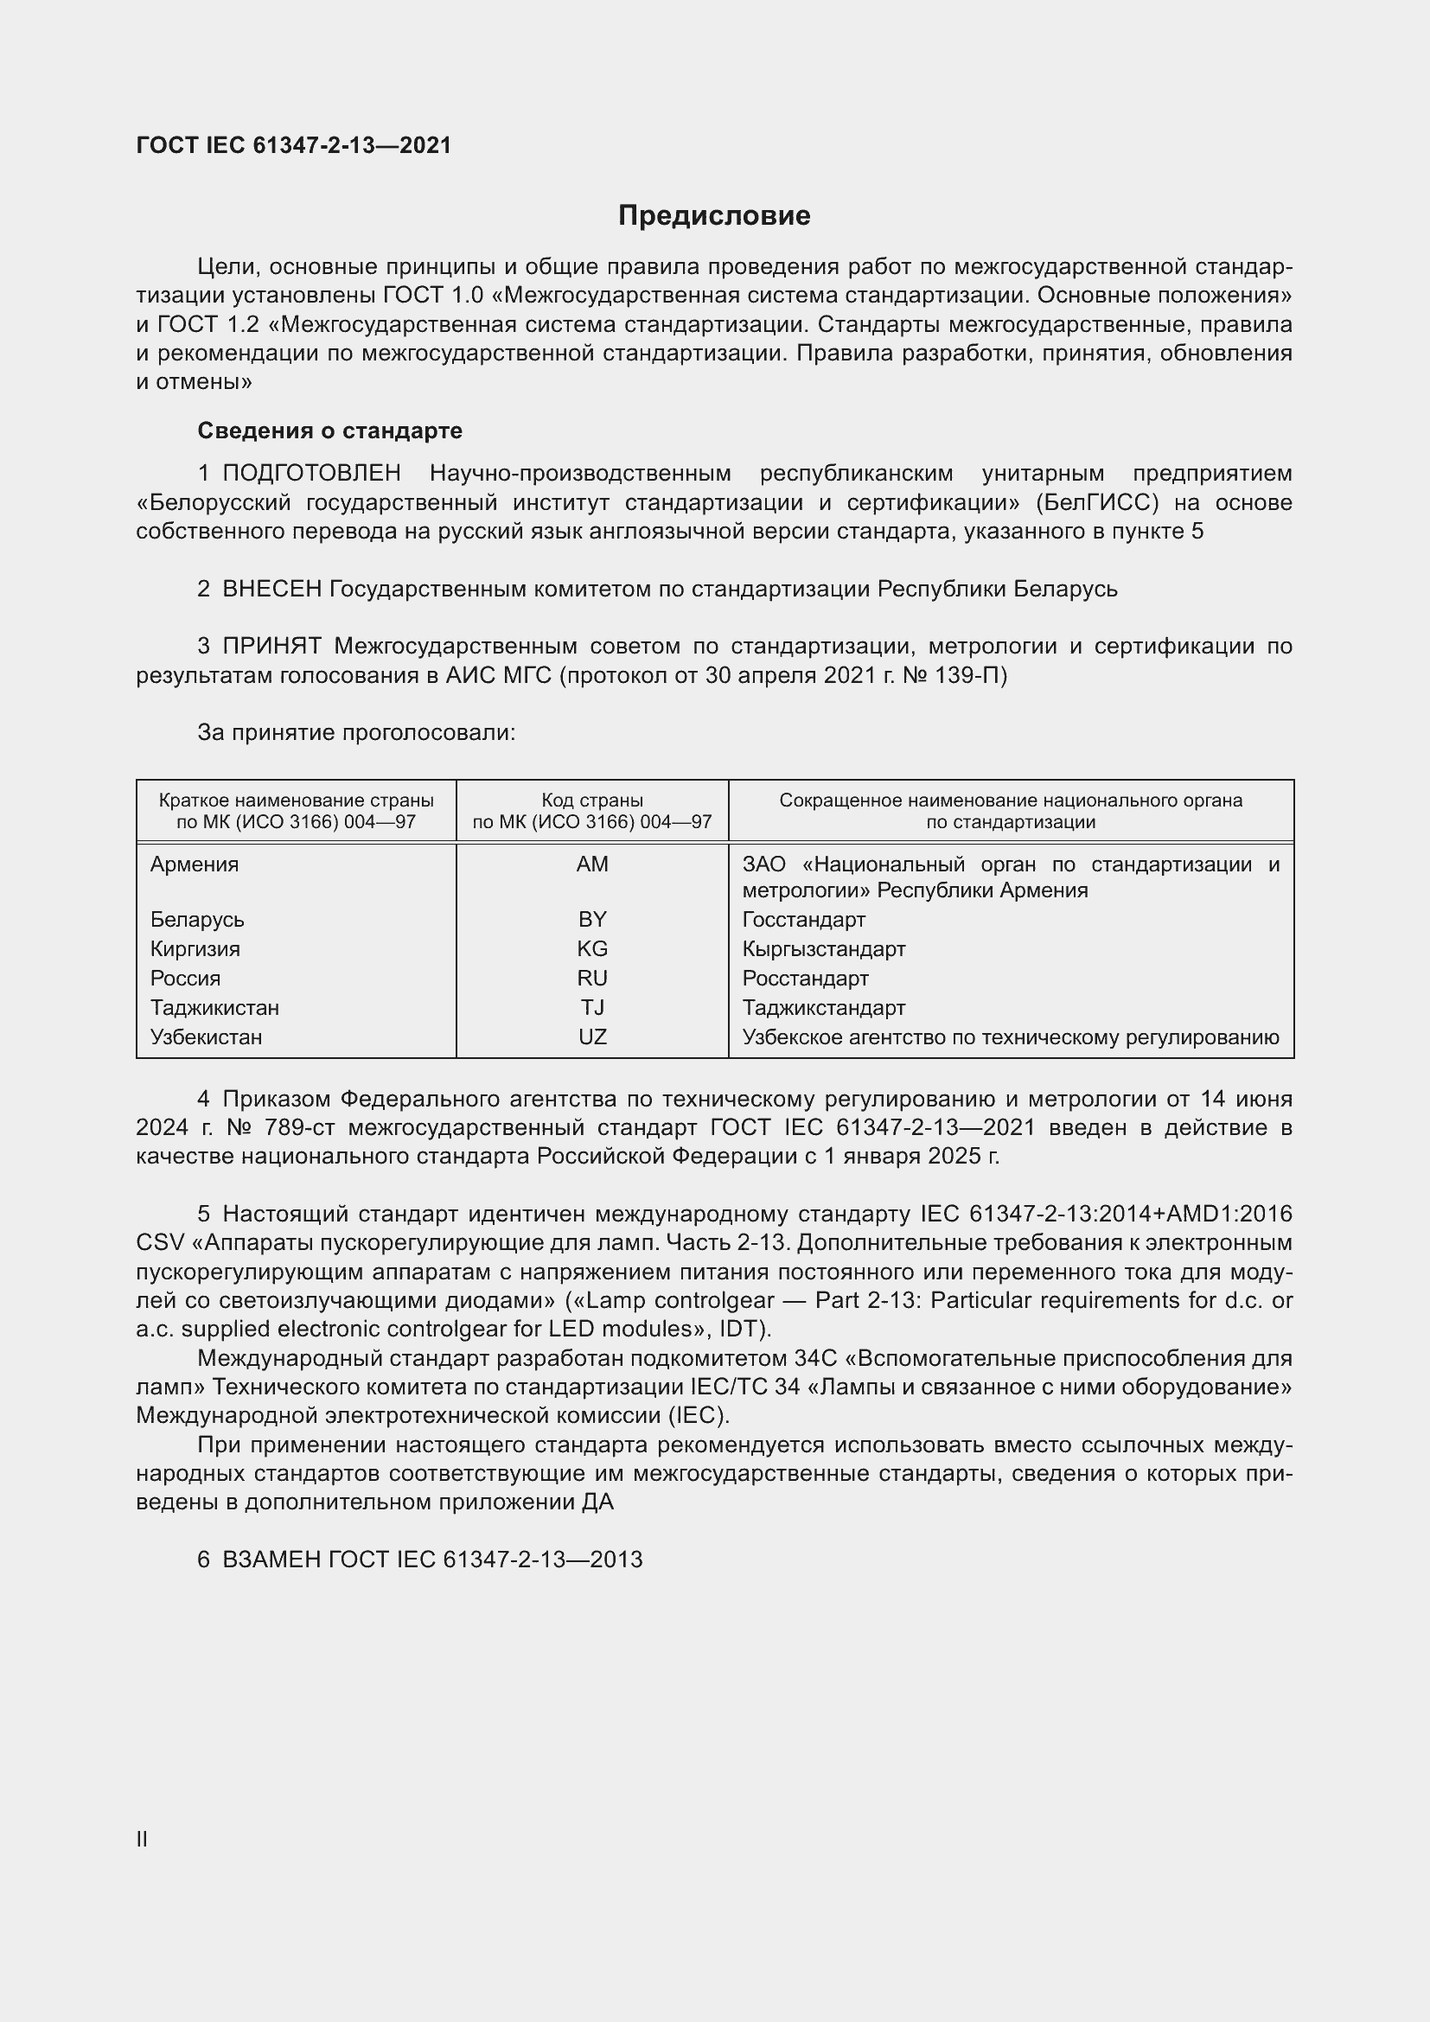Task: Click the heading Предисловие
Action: pos(714,216)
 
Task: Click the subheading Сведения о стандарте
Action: pos(329,431)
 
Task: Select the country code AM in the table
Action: pos(591,864)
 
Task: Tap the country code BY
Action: pos(591,920)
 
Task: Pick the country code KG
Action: pos(591,948)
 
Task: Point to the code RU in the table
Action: pos(591,979)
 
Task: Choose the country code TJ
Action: pos(591,1007)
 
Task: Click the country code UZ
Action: pos(591,1037)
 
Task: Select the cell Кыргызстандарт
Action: pos(823,948)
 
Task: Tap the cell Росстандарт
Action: pos(805,979)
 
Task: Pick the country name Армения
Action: pos(194,864)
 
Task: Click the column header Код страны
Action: pos(591,801)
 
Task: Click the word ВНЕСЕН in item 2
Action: pos(272,590)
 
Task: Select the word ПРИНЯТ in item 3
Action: pos(272,647)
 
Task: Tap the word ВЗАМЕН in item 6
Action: pos(272,1560)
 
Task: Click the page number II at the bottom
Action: pos(142,1840)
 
